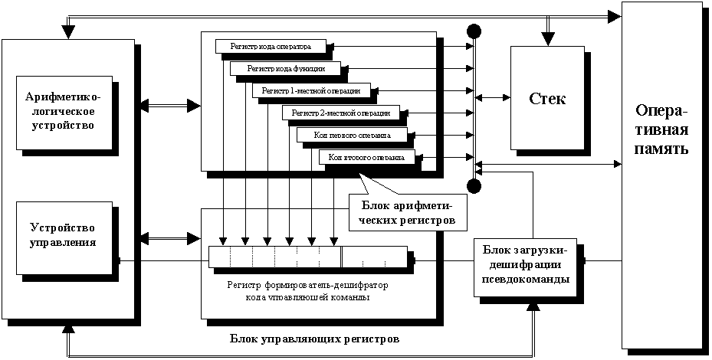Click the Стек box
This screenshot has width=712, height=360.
click(547, 99)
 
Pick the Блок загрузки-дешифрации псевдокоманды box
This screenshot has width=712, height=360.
click(525, 265)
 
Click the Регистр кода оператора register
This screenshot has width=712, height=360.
click(270, 46)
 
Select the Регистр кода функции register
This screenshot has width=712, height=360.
click(281, 68)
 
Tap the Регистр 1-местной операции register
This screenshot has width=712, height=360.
click(300, 90)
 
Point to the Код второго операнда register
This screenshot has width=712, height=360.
click(366, 157)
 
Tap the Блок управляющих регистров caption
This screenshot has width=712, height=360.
click(314, 338)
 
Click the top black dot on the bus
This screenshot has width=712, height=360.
click(474, 31)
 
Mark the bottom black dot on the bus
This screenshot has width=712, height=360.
click(474, 186)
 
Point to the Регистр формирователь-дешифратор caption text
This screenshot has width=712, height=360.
click(307, 291)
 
